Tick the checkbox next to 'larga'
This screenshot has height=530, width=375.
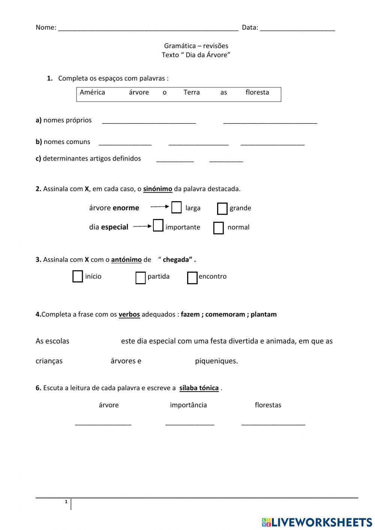click(176, 207)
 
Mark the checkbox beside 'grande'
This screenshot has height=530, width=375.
click(222, 209)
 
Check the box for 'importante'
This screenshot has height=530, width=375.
click(158, 225)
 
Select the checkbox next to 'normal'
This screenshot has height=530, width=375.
click(218, 228)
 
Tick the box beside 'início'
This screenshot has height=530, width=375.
click(78, 276)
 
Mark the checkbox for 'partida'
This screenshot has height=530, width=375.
click(140, 278)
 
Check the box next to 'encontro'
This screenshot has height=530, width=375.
click(192, 278)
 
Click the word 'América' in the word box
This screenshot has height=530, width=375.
click(92, 92)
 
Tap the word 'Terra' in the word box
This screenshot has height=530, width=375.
click(191, 92)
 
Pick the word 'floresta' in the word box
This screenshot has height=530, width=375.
click(257, 92)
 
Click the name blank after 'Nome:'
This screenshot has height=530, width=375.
click(148, 27)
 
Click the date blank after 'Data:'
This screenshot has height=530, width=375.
click(297, 27)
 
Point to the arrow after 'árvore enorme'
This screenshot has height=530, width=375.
click(160, 206)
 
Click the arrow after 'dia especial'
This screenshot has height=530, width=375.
click(142, 226)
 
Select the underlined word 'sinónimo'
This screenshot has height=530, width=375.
click(157, 189)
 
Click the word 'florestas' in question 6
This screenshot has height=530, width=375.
click(268, 405)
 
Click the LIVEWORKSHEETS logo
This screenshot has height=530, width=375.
click(317, 522)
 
